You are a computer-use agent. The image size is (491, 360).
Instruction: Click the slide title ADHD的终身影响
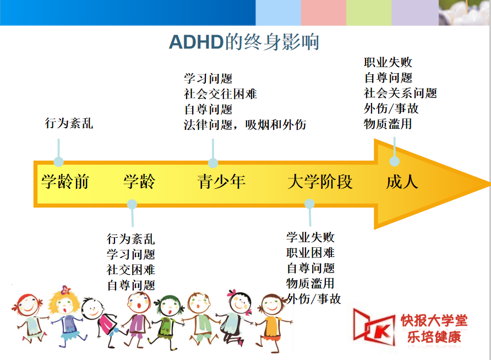click(244, 42)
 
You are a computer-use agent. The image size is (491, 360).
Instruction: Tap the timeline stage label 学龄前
click(66, 182)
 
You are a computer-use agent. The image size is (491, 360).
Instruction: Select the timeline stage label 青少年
click(221, 182)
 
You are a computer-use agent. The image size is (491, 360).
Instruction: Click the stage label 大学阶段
click(320, 182)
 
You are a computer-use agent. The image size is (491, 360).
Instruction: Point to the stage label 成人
click(402, 182)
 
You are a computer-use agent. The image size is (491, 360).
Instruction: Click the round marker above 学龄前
click(58, 161)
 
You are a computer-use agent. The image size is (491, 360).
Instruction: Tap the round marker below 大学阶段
click(309, 204)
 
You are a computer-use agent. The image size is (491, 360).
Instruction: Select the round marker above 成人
click(394, 161)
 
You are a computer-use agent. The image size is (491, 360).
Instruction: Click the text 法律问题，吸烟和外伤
click(245, 125)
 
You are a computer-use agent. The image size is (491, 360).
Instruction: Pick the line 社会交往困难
click(220, 94)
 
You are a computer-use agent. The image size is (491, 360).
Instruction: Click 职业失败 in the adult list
click(388, 62)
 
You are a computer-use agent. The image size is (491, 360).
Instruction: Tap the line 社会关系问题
click(400, 93)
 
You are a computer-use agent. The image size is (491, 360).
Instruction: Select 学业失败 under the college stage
click(310, 237)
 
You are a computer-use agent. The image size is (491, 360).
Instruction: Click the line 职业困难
click(310, 253)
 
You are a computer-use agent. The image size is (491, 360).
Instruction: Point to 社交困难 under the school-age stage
click(131, 270)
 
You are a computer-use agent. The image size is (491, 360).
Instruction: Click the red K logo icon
click(374, 327)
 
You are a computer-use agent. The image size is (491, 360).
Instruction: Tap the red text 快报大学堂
click(434, 320)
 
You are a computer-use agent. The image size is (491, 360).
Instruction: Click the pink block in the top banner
click(324, 13)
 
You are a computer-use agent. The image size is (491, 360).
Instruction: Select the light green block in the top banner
click(369, 13)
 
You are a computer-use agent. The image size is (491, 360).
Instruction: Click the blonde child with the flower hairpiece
click(66, 316)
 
